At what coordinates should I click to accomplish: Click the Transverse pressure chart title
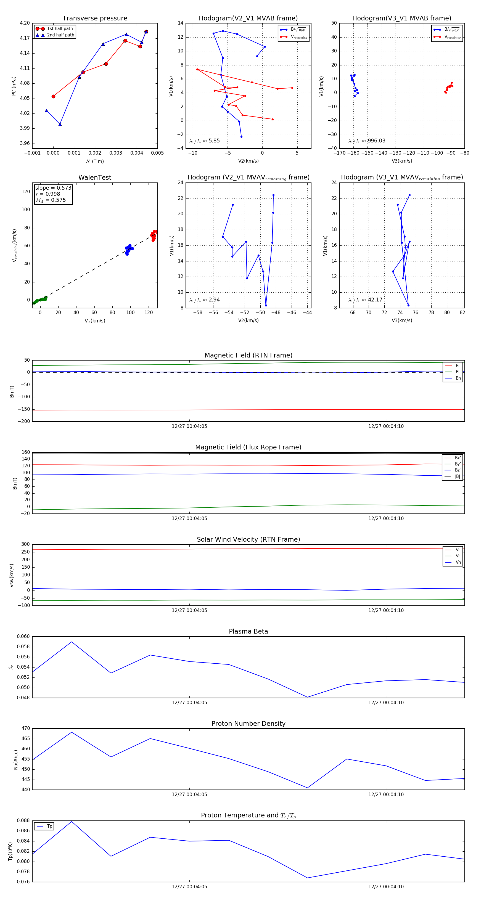click(x=95, y=18)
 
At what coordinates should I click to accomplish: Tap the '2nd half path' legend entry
click(x=60, y=35)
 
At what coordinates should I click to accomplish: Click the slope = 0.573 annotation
click(x=53, y=188)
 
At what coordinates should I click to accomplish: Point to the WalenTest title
click(x=95, y=178)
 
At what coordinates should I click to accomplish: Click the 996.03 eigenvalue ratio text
click(x=376, y=141)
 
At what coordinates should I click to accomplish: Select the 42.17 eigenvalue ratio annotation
click(x=375, y=300)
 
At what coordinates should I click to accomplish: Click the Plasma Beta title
click(x=248, y=631)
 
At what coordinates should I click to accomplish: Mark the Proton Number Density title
click(x=248, y=724)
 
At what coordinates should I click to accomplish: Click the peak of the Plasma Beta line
click(x=72, y=642)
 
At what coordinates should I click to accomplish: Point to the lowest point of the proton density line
click(x=307, y=788)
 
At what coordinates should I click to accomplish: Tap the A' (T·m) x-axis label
click(x=95, y=161)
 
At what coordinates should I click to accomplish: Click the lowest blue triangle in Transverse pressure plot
click(x=60, y=125)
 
